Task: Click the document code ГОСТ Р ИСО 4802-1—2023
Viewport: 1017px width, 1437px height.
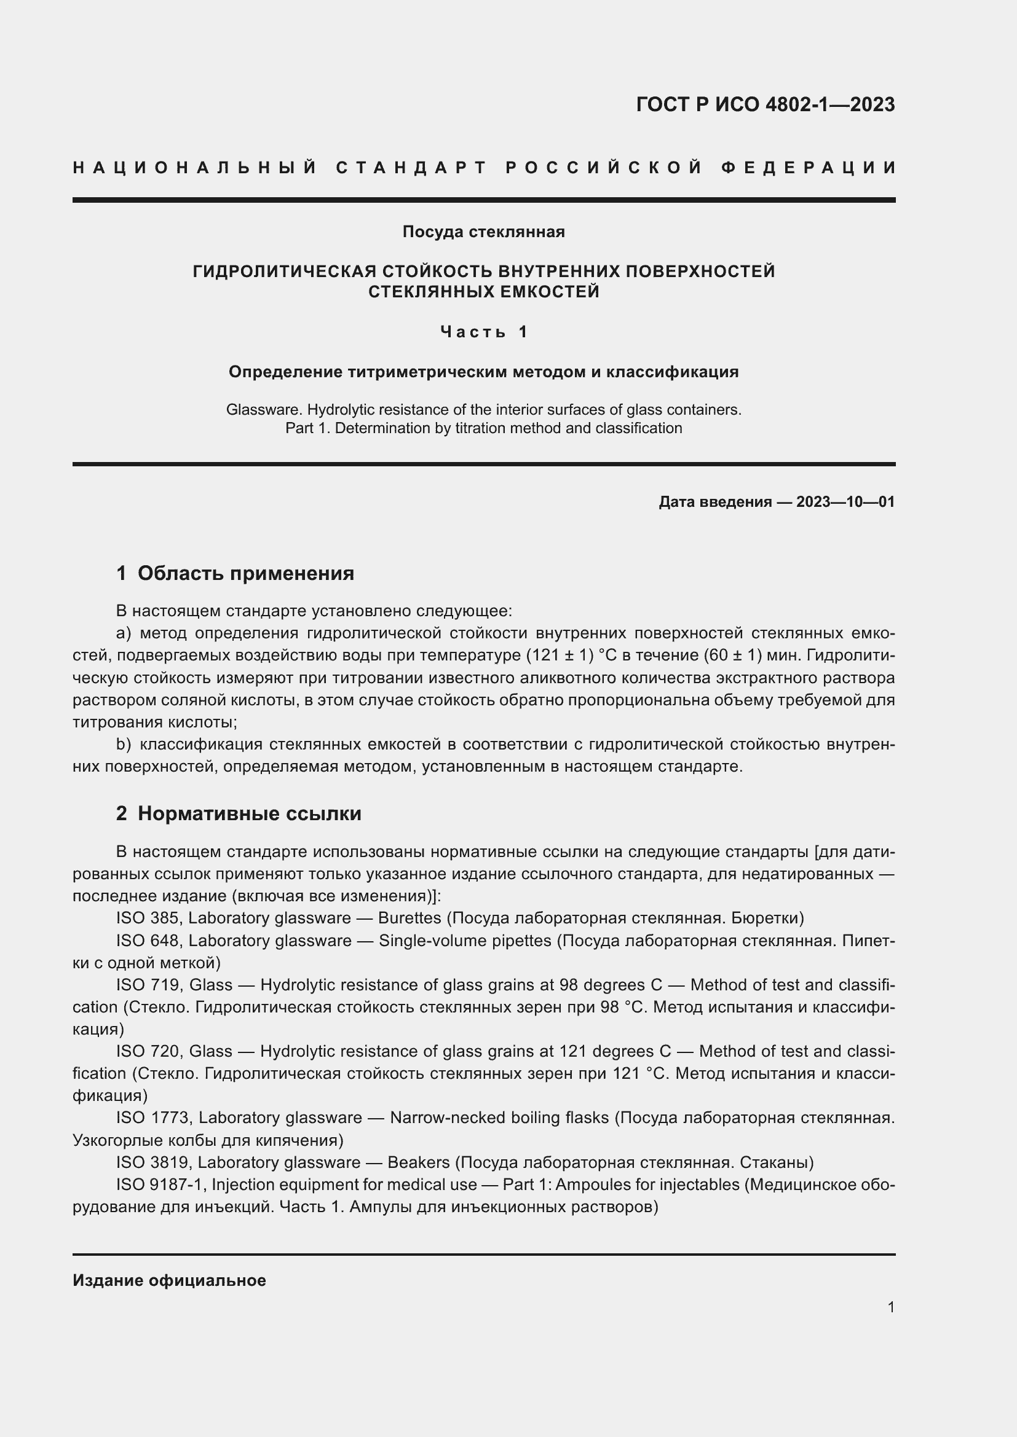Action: [x=766, y=104]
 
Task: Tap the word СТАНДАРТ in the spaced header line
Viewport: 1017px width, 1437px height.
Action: [x=411, y=168]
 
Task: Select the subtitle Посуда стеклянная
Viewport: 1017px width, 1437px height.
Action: [x=483, y=232]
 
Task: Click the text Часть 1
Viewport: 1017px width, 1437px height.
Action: [x=483, y=332]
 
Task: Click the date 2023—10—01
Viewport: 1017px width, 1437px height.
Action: [x=845, y=502]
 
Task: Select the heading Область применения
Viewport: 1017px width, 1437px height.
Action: [x=245, y=573]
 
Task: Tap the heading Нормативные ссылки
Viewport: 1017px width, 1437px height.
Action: [x=249, y=813]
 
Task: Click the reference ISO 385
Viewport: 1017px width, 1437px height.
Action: [x=147, y=918]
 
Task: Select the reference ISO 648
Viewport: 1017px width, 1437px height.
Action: [x=147, y=941]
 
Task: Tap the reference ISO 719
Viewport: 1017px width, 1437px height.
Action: [x=148, y=985]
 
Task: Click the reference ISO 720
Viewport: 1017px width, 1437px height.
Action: [x=148, y=1051]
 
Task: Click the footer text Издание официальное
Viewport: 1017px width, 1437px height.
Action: [x=169, y=1280]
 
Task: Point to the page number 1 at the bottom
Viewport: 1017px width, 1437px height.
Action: [x=891, y=1307]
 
